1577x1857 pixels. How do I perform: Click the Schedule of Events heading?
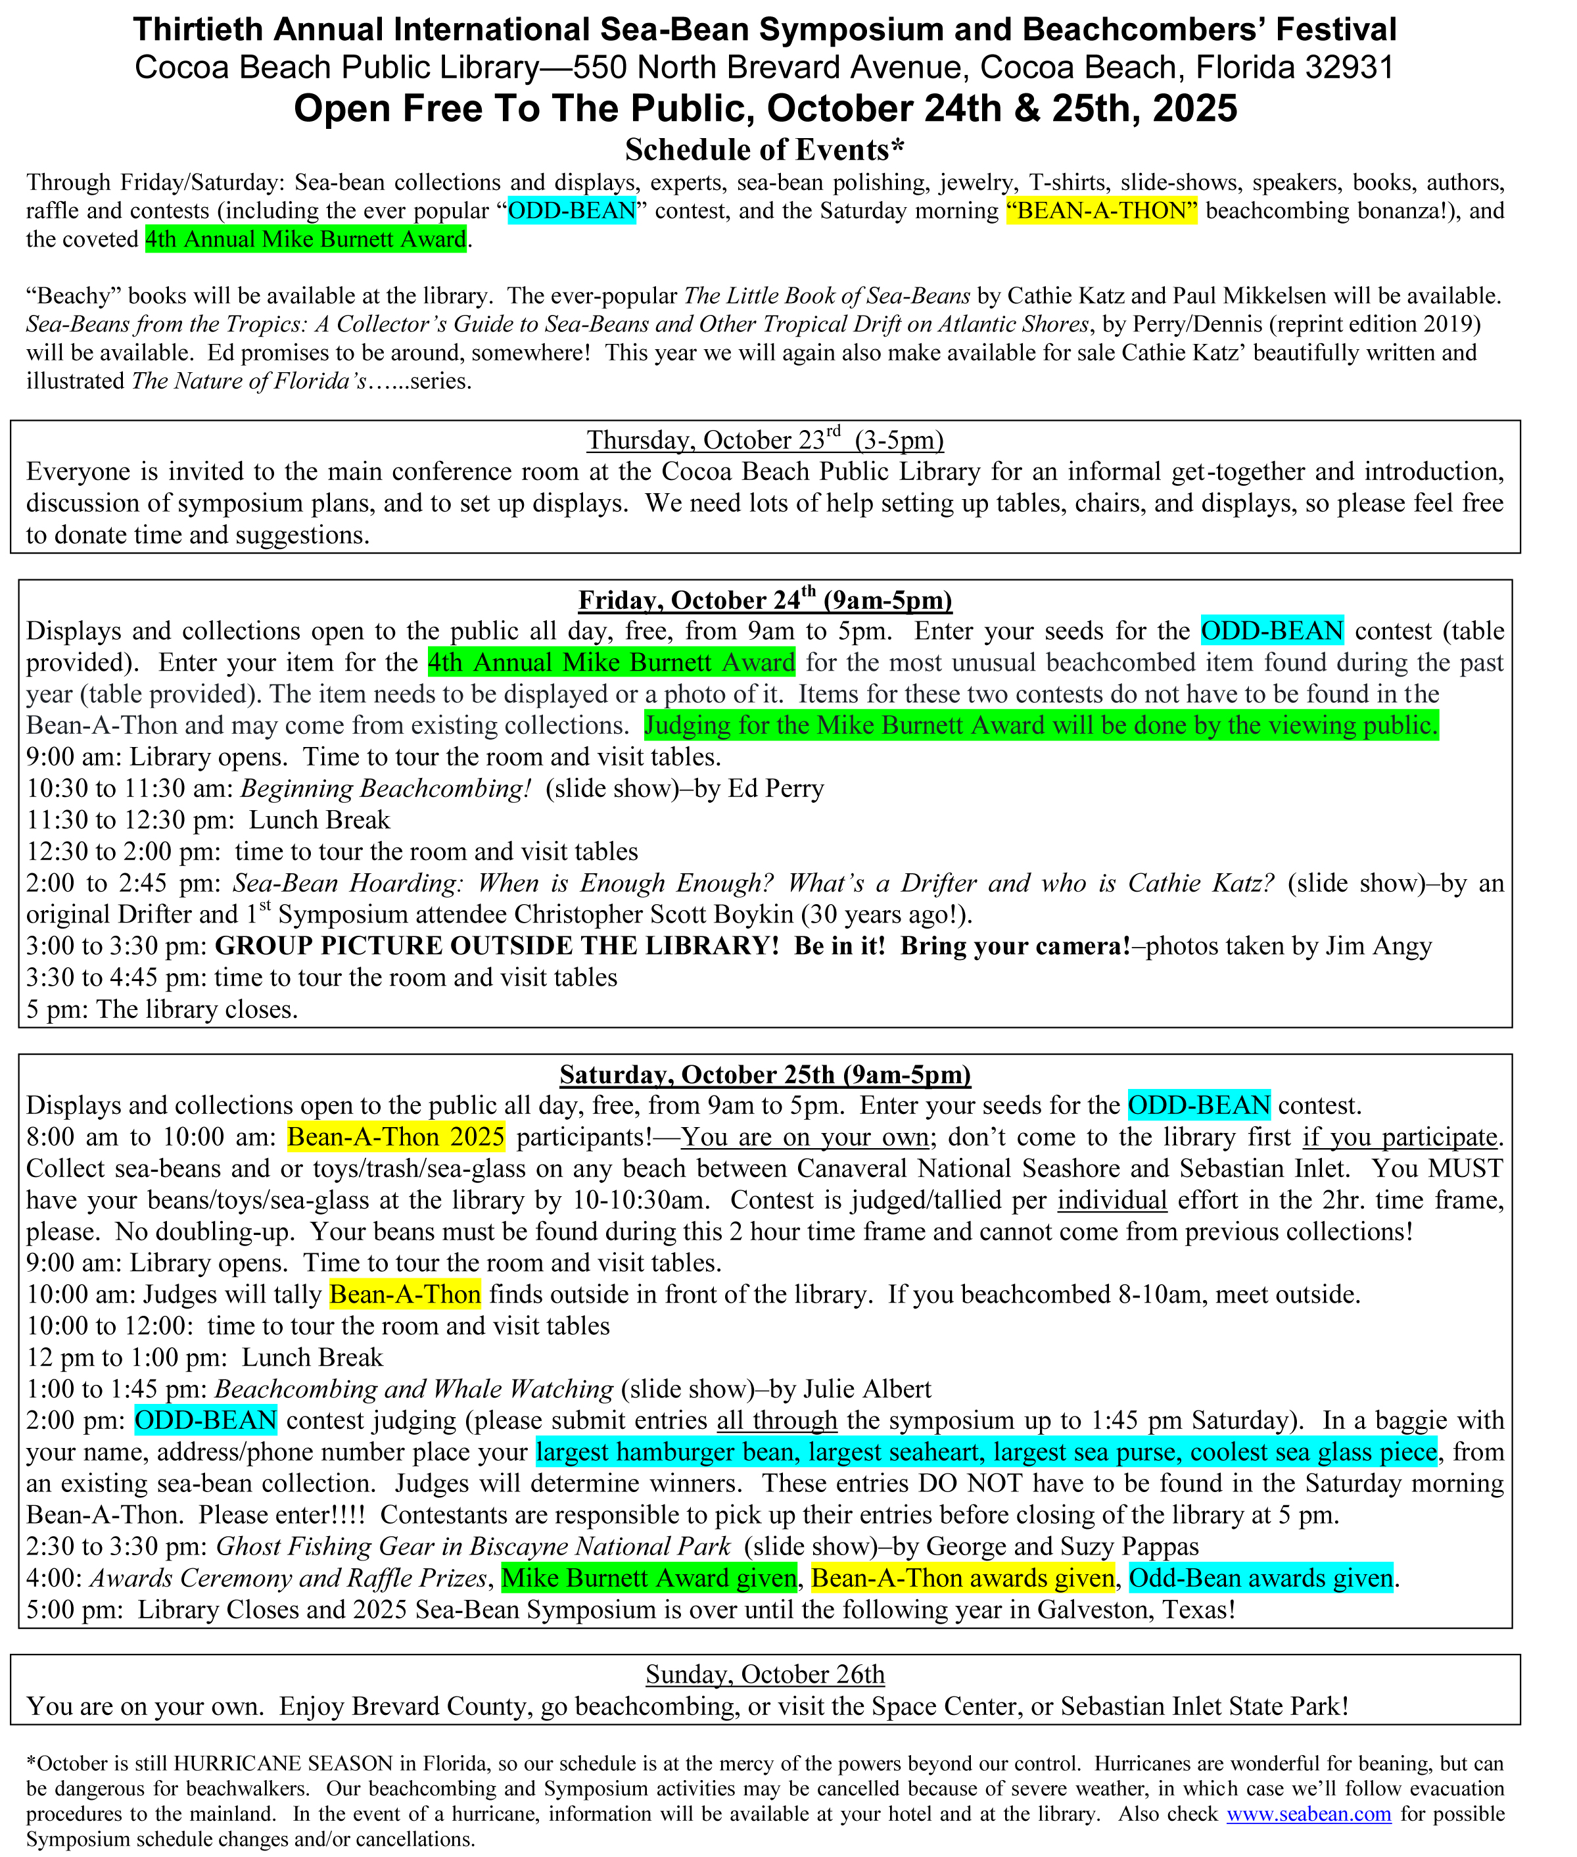[x=765, y=149]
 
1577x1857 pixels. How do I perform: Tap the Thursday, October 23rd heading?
[x=765, y=440]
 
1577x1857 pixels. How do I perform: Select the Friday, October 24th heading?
[x=765, y=600]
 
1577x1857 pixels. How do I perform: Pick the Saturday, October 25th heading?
[x=765, y=1074]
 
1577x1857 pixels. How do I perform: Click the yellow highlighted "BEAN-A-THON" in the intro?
[x=1100, y=211]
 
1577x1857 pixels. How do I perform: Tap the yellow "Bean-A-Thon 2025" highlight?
[x=396, y=1137]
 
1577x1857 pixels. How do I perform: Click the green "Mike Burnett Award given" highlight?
[x=649, y=1578]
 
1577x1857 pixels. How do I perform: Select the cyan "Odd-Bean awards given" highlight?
[x=1261, y=1578]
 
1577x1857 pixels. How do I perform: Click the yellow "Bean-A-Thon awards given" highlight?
[x=963, y=1578]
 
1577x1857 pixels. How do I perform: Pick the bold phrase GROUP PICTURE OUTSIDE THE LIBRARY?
[x=497, y=946]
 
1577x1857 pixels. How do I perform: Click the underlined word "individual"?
[x=1112, y=1200]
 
